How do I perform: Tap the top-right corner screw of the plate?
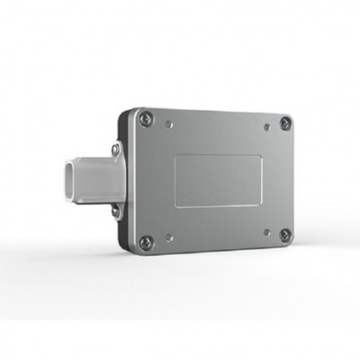pyautogui.click(x=285, y=123)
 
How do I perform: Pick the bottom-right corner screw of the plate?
pyautogui.click(x=285, y=235)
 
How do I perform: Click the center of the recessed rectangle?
pyautogui.click(x=218, y=179)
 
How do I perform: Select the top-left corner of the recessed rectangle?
pyautogui.click(x=175, y=154)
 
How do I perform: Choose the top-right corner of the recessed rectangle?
pyautogui.click(x=261, y=157)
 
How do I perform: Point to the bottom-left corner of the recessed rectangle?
pyautogui.click(x=175, y=206)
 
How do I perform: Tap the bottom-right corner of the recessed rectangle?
pyautogui.click(x=261, y=203)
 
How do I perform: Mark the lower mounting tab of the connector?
pyautogui.click(x=115, y=215)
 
